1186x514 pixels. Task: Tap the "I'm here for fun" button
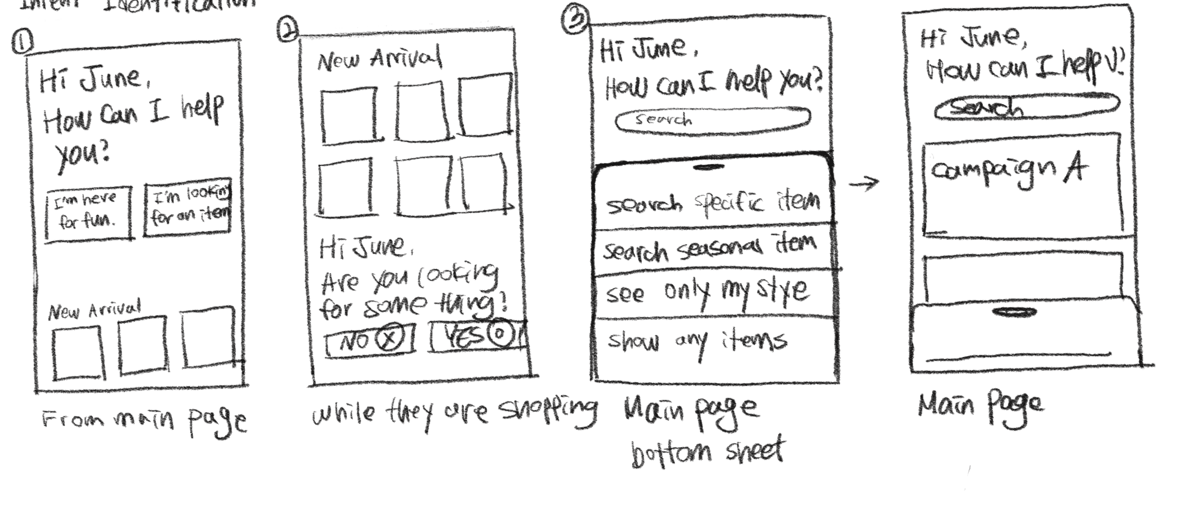coord(88,213)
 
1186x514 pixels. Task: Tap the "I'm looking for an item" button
coord(188,207)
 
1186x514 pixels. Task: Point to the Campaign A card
coord(1022,184)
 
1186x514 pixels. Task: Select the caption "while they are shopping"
coord(453,411)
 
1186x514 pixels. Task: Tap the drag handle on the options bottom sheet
coord(708,167)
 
